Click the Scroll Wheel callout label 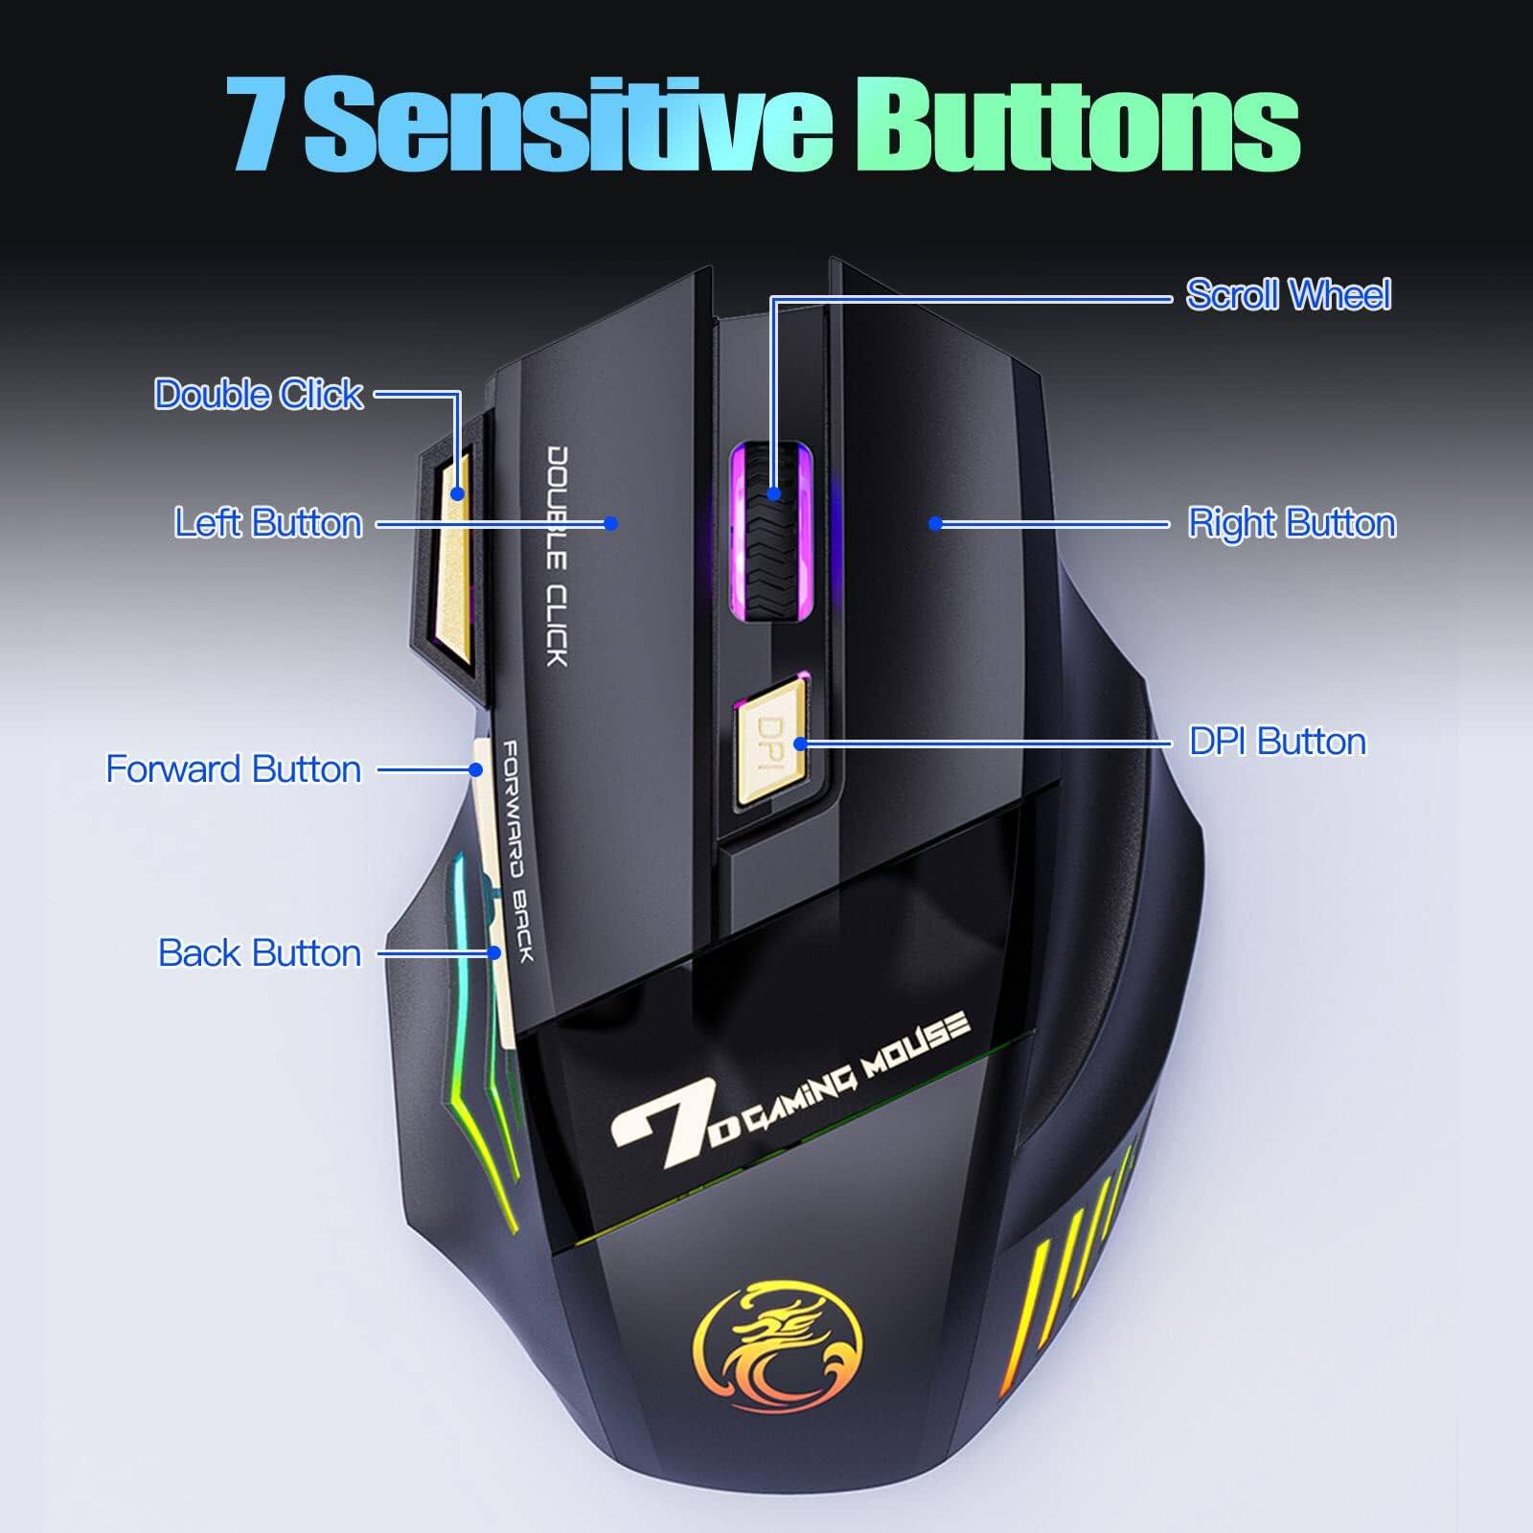(1288, 294)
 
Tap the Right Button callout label (1292, 523)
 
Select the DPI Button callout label (1277, 742)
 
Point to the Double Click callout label (259, 395)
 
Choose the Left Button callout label (268, 523)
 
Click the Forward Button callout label (233, 769)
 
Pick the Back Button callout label (260, 953)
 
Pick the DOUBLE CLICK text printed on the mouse (558, 556)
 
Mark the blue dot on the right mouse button (935, 523)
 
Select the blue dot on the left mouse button (611, 523)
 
